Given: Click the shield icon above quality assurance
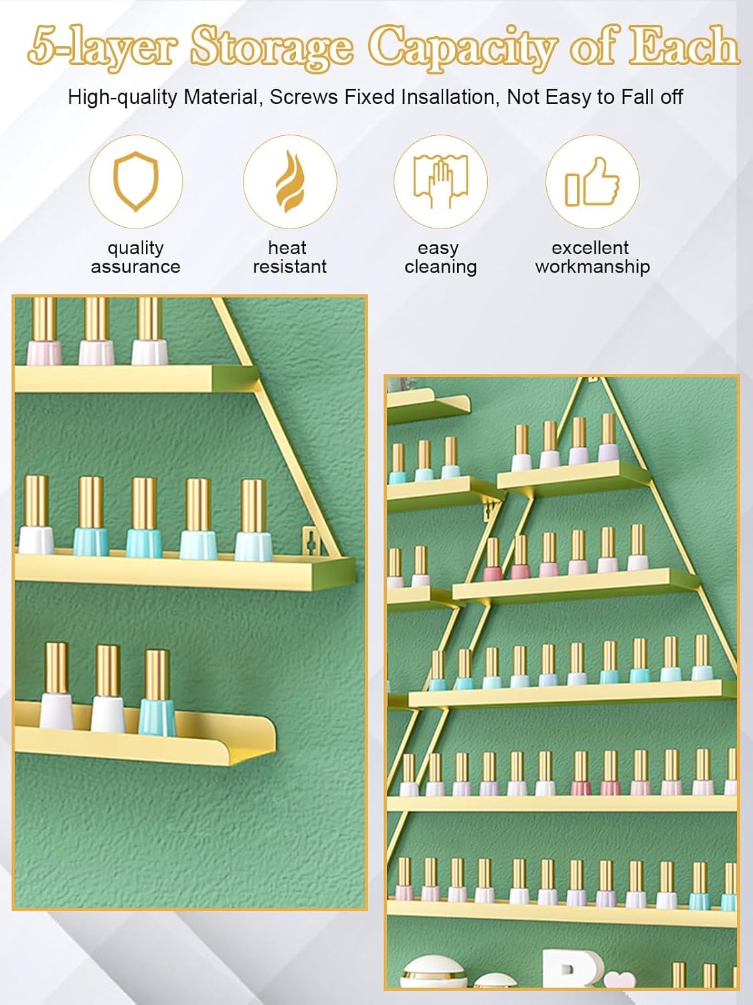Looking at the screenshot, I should (136, 181).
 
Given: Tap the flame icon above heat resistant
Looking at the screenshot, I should (289, 182).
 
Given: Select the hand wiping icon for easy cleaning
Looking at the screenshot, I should (440, 182).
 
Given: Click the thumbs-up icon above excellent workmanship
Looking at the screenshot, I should (592, 182).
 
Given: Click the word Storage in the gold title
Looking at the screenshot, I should (271, 47).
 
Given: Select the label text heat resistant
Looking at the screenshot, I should (289, 257).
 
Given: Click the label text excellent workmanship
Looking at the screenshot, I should (592, 257).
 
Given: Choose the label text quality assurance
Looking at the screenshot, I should (136, 257).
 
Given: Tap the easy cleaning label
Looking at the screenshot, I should (440, 257).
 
